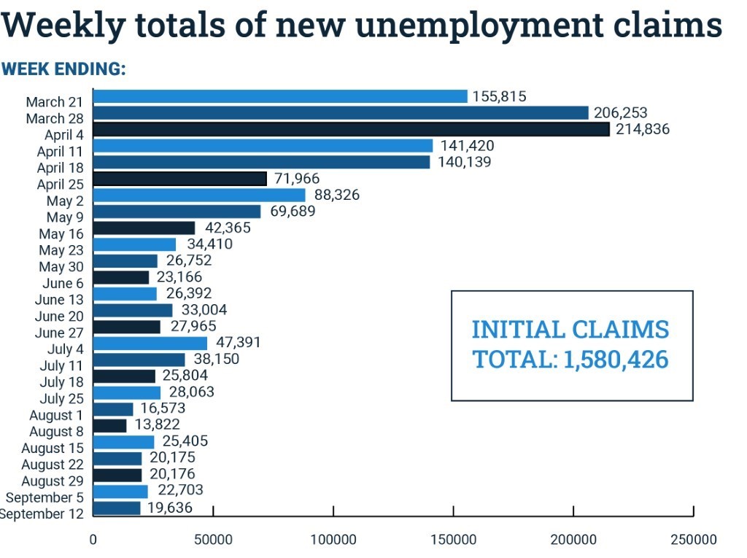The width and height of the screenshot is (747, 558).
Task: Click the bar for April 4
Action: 351,129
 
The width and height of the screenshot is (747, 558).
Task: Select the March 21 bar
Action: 280,96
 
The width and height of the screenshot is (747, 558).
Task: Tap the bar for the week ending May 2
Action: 199,195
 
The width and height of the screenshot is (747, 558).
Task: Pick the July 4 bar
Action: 150,343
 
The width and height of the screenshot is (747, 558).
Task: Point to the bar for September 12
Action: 117,508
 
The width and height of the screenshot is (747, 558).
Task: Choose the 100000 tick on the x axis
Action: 333,540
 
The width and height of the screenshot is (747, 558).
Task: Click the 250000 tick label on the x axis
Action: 693,540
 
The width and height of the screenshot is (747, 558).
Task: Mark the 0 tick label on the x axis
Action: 93,540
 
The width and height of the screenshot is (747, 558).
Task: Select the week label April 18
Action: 61,168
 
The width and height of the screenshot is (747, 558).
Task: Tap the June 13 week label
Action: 59,300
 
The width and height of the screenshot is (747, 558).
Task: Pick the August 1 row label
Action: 56,415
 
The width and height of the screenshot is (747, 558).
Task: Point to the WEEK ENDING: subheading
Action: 64,69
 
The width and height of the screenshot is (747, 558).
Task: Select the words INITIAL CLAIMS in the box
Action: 570,329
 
